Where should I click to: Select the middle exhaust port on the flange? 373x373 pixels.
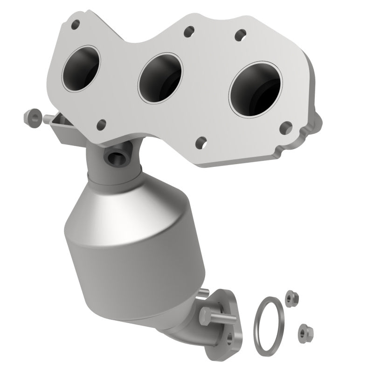(x=160, y=77)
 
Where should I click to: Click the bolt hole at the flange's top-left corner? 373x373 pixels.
(x=75, y=24)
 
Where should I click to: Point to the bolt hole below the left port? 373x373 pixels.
(x=101, y=124)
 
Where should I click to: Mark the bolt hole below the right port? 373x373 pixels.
(x=286, y=126)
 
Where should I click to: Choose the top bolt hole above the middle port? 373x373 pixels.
(x=189, y=32)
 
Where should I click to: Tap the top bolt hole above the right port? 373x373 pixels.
(x=241, y=34)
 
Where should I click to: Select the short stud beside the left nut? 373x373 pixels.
(x=48, y=119)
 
